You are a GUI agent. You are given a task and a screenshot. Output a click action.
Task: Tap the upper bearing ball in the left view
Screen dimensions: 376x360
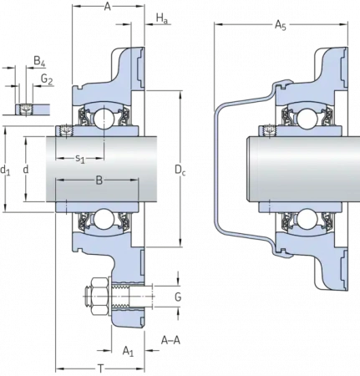tap(104, 119)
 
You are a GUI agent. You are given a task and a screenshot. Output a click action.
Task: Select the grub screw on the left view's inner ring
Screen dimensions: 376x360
tap(63, 130)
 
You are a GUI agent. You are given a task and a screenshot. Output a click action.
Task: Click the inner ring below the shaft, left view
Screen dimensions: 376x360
tap(100, 205)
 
